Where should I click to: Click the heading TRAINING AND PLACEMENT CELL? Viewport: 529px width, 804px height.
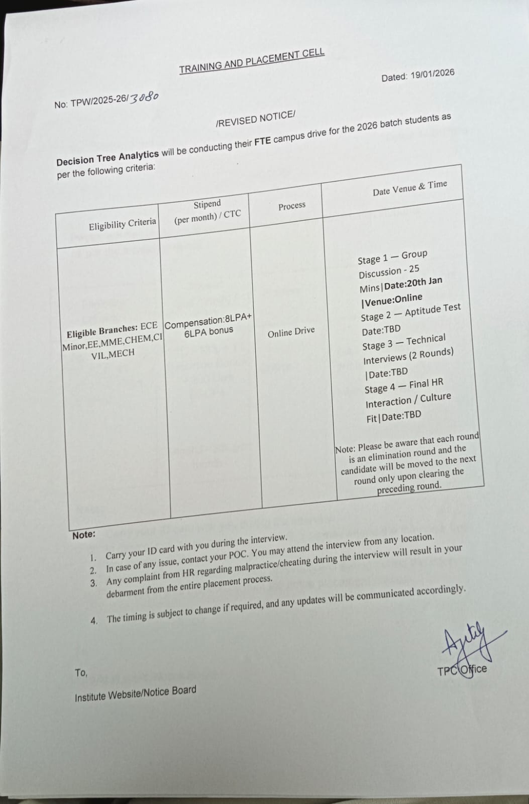tap(252, 61)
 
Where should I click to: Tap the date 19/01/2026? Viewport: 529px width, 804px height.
tap(432, 74)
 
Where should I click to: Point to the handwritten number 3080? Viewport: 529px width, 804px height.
tap(144, 97)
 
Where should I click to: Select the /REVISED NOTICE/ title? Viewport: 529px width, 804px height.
tap(255, 119)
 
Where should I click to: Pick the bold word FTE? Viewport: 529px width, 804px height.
tap(262, 141)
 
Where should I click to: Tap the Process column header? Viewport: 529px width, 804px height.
tap(292, 206)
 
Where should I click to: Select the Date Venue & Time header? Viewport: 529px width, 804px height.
tap(409, 188)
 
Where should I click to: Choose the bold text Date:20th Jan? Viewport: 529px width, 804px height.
tap(413, 283)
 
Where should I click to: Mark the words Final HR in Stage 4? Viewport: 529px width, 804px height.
tap(426, 384)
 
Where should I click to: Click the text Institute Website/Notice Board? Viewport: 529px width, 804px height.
tap(135, 694)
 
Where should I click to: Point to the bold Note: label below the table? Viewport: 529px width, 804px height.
tap(83, 535)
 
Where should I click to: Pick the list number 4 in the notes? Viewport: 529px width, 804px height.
tap(94, 621)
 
